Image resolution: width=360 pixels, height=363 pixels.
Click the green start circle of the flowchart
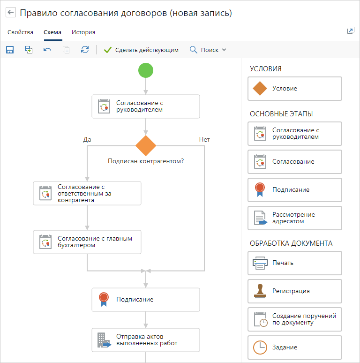pos(146,70)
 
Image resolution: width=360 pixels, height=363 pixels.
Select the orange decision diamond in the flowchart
pos(146,146)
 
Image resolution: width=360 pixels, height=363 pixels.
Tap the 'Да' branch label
pos(87,140)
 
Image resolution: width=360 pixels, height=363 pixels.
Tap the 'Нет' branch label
pos(204,140)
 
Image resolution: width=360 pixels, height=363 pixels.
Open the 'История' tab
pos(83,32)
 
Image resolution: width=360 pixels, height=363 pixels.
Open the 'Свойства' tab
pos(20,32)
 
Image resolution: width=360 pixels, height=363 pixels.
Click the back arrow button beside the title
pos(11,12)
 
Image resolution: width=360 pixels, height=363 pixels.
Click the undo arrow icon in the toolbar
pos(47,50)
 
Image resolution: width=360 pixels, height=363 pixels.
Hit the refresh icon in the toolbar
pos(85,50)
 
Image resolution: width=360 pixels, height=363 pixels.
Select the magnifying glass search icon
pos(194,50)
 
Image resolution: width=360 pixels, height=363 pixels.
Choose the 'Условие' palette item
pos(295,89)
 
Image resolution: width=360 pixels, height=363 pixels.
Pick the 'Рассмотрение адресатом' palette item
pos(295,218)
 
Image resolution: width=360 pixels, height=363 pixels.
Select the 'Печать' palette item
pos(295,263)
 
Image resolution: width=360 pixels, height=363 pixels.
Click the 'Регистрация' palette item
pos(295,291)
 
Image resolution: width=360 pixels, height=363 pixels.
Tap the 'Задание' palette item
pos(295,348)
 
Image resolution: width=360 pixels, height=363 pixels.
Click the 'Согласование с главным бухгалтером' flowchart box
pos(87,242)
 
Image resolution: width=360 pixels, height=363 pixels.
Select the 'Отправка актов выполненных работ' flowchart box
pos(146,340)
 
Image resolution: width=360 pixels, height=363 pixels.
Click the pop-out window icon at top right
pos(351,30)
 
